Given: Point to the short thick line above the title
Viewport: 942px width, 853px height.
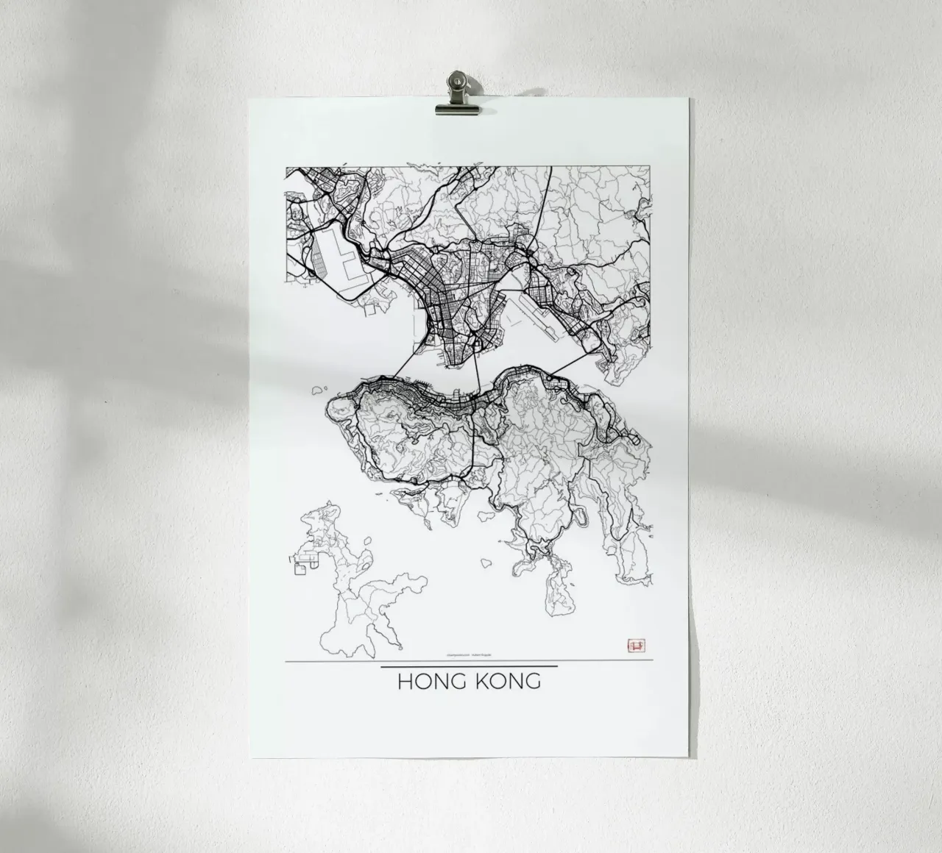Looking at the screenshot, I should (x=469, y=666).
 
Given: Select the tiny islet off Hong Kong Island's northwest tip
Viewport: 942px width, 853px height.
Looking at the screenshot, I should (x=319, y=389).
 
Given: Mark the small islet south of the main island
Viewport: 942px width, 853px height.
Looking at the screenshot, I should (x=488, y=563).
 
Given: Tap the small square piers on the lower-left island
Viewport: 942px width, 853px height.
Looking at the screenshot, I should (x=302, y=567).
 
